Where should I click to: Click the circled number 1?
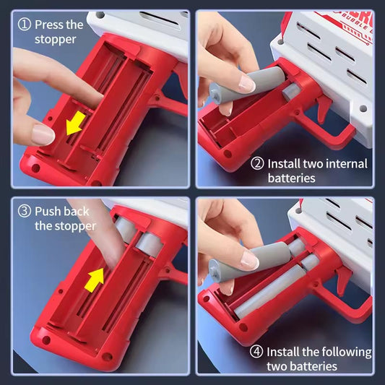[25, 25]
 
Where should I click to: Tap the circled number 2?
[257, 163]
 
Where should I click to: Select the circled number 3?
[25, 211]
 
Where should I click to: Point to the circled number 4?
[256, 352]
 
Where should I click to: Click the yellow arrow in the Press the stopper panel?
[75, 123]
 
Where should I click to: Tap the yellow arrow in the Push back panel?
[95, 280]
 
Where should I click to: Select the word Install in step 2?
[284, 164]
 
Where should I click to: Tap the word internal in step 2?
[347, 164]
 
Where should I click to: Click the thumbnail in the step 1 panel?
[43, 135]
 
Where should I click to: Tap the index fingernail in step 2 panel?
[247, 84]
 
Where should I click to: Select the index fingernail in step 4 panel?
[250, 260]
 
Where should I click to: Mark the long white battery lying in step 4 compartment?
[269, 292]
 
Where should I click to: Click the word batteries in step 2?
[291, 178]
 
